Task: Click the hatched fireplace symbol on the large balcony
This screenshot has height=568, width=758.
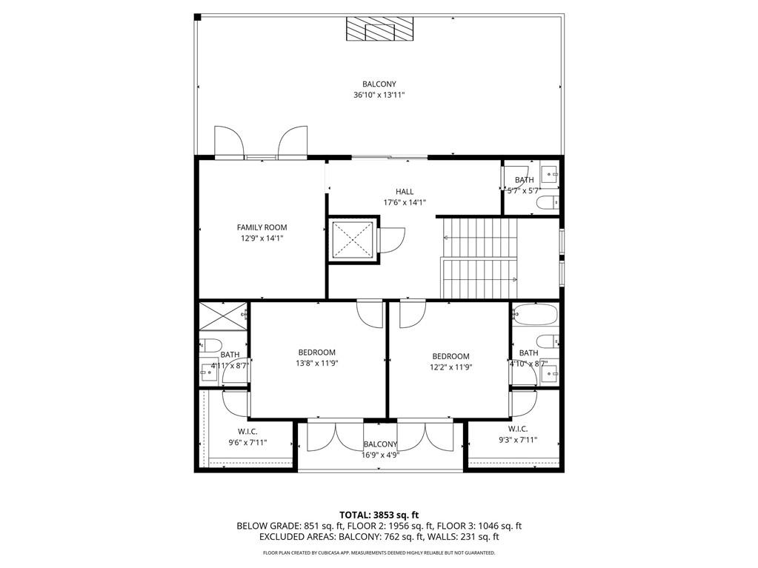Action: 379,32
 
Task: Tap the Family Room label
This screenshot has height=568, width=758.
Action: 262,227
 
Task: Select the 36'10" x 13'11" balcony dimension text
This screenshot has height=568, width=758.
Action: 379,95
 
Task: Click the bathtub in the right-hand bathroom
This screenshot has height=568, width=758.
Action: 534,315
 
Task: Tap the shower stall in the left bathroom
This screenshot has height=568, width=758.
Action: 223,316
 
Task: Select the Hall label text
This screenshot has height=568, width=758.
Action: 404,192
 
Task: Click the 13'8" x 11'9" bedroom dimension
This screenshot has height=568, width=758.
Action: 316,364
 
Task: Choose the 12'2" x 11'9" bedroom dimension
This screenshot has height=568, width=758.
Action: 451,367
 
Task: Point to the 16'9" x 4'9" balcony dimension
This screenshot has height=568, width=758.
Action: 380,455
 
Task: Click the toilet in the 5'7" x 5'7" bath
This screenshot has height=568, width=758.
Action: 549,202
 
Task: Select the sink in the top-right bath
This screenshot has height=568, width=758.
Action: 550,175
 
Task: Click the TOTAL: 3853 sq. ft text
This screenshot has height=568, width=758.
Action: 379,515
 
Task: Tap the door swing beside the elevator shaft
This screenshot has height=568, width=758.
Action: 392,240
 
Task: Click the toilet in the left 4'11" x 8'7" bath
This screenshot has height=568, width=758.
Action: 209,345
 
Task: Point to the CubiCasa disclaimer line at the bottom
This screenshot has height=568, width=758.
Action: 379,552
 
